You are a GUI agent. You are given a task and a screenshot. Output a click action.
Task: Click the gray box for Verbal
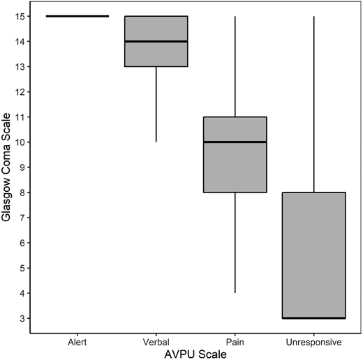coord(156,53)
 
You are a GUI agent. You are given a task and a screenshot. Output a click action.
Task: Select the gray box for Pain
coord(235,167)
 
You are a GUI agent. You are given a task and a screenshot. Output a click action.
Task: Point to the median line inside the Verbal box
coord(156,41)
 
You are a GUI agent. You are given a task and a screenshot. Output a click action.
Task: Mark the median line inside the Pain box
coord(235,142)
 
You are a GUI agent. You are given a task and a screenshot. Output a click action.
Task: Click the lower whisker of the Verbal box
coord(156,105)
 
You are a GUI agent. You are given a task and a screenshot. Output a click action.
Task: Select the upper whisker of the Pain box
coord(235,66)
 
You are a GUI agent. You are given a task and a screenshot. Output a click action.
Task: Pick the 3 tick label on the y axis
coord(25,318)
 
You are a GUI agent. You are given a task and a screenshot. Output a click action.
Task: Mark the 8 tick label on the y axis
coord(25,193)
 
